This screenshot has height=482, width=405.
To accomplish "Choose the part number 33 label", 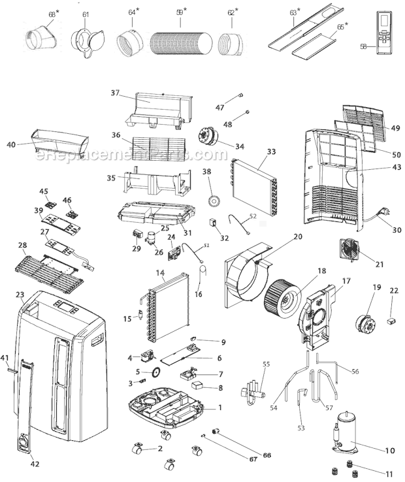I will pos(271,151).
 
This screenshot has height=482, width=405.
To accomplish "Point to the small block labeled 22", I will pos(393,320).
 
